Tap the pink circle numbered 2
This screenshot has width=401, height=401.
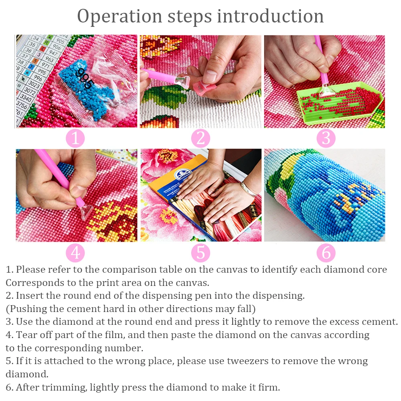point(200,138)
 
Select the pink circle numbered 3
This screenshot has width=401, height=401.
point(326,138)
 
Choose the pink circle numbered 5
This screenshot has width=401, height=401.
point(200,253)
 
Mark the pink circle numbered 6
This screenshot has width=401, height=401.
point(326,253)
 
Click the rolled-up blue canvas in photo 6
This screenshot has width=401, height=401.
point(325,196)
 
